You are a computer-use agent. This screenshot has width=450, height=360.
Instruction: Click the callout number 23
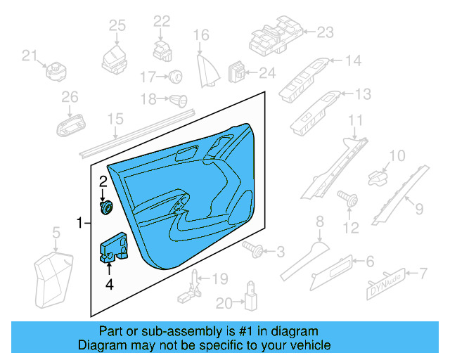pyautogui.click(x=325, y=32)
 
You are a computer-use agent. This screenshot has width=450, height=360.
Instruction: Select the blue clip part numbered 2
pyautogui.click(x=108, y=208)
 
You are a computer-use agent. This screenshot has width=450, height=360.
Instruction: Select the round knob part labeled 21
pyautogui.click(x=54, y=71)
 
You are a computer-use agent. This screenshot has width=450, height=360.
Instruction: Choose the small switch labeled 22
pyautogui.click(x=161, y=51)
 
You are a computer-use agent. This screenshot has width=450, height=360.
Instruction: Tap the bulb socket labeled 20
pyautogui.click(x=249, y=299)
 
